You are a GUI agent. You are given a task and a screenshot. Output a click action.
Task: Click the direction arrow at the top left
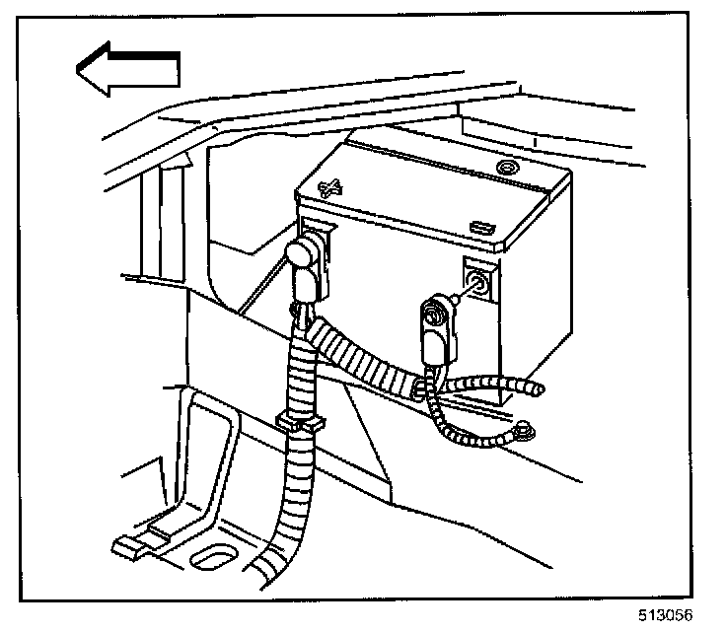click(126, 71)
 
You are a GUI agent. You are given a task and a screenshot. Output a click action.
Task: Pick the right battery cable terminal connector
click(433, 324)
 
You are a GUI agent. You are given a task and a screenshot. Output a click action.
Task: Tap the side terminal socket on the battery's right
click(475, 282)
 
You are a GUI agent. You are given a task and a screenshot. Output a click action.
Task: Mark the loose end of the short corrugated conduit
click(535, 389)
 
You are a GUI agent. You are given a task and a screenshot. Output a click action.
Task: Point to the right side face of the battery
click(538, 296)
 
